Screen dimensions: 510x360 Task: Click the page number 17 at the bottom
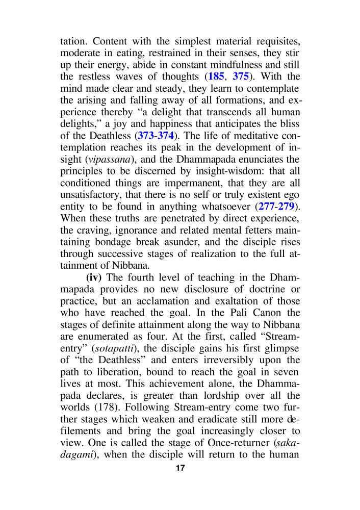[x=179, y=468]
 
